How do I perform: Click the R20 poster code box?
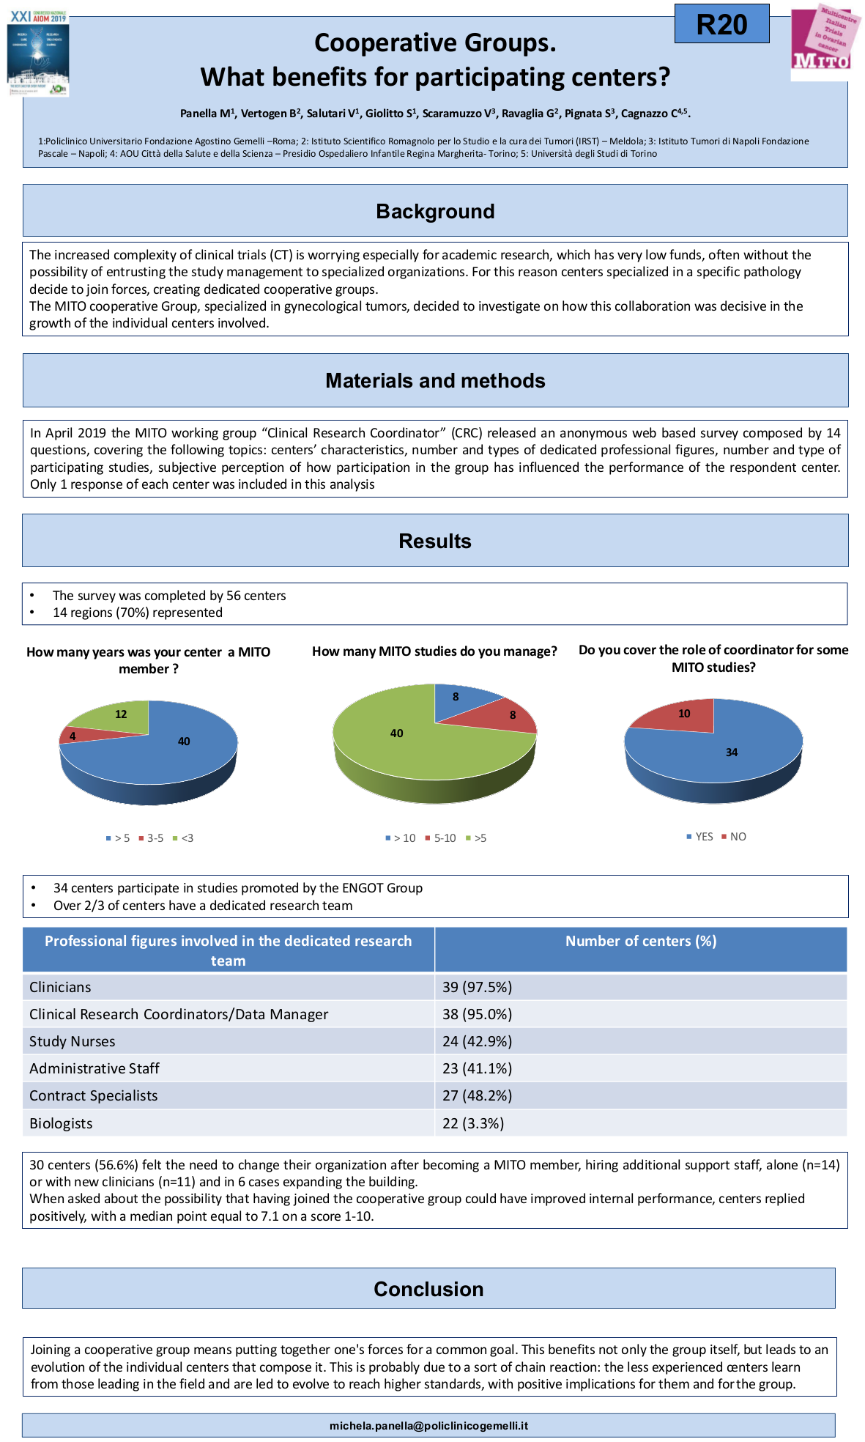click(x=721, y=24)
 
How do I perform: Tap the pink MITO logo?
click(x=824, y=41)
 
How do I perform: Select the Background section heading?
click(x=435, y=211)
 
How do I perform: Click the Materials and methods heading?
click(x=435, y=380)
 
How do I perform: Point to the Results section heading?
click(x=435, y=541)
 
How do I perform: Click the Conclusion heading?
click(x=428, y=1289)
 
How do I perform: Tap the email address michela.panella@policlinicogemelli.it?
click(x=428, y=1425)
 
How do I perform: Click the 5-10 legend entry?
click(x=440, y=838)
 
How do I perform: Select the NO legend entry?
click(x=734, y=836)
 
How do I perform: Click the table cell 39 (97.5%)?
click(x=478, y=987)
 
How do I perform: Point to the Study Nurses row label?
click(x=73, y=1041)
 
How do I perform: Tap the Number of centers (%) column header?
click(x=641, y=941)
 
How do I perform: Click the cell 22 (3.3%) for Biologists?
click(x=473, y=1123)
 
